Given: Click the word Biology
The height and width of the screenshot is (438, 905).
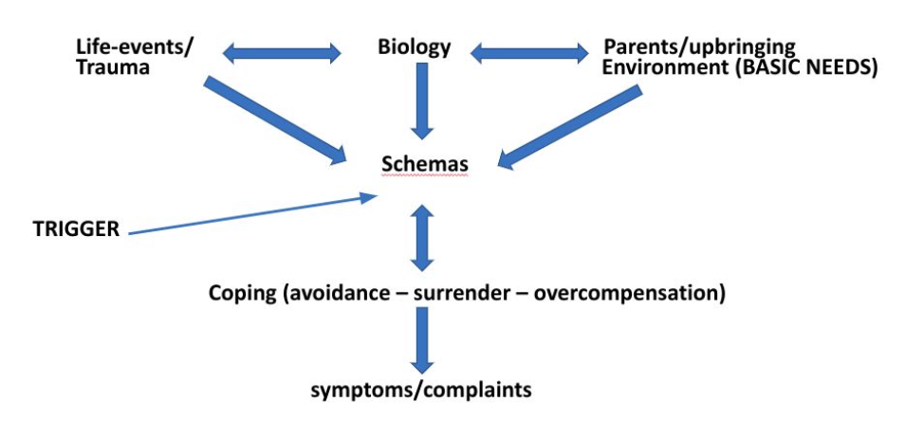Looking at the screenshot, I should click(x=414, y=46).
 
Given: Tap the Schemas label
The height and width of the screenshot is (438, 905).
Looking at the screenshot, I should click(x=424, y=164).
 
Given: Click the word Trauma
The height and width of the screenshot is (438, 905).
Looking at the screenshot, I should click(x=114, y=67).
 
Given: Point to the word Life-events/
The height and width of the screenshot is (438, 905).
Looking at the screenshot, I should click(x=135, y=46).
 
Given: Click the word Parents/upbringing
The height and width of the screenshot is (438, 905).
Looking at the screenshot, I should click(x=699, y=46).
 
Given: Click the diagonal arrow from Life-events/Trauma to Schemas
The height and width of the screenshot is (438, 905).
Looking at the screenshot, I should click(x=275, y=119).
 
